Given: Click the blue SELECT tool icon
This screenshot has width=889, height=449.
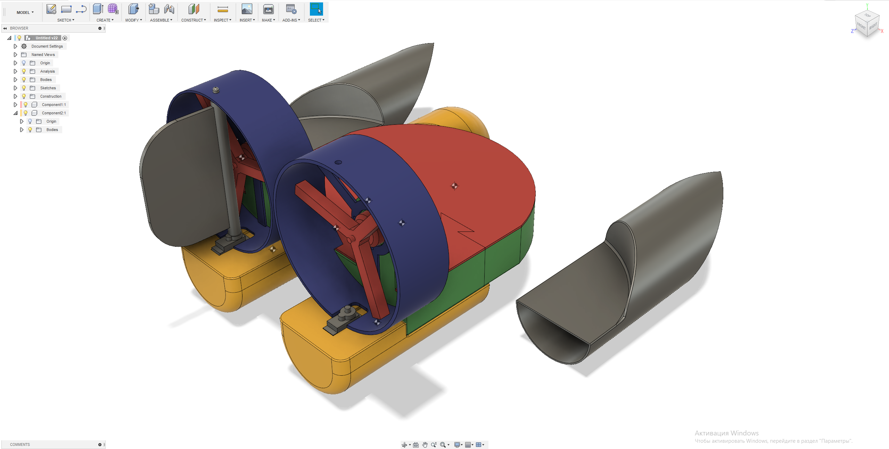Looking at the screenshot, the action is pyautogui.click(x=316, y=9).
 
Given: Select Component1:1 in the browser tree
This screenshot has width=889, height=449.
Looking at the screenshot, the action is pyautogui.click(x=54, y=105).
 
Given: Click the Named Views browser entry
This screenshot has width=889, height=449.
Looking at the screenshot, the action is pyautogui.click(x=43, y=55).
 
